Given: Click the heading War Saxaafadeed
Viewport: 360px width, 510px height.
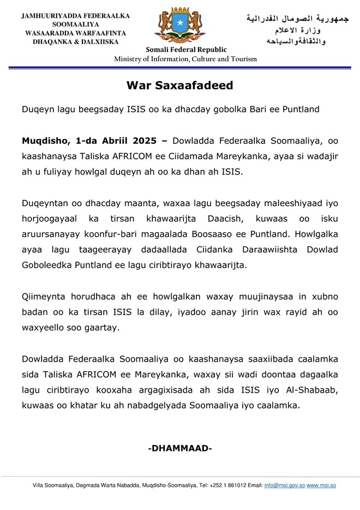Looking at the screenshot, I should click(x=180, y=85).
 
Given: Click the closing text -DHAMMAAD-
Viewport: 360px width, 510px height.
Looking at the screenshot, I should click(x=180, y=448).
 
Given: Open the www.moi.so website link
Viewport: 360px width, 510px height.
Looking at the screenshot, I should click(x=321, y=485).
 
